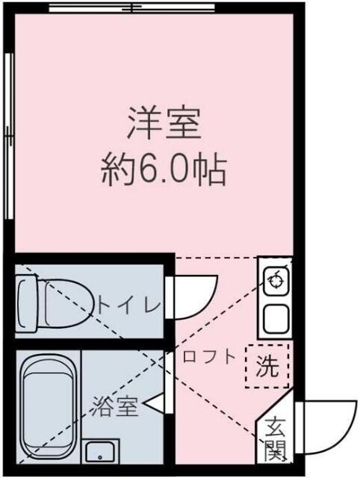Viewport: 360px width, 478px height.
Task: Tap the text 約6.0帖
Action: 164,171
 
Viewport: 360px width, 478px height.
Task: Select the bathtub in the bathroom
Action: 48,406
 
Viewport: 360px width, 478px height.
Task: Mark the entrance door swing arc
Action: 329,426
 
